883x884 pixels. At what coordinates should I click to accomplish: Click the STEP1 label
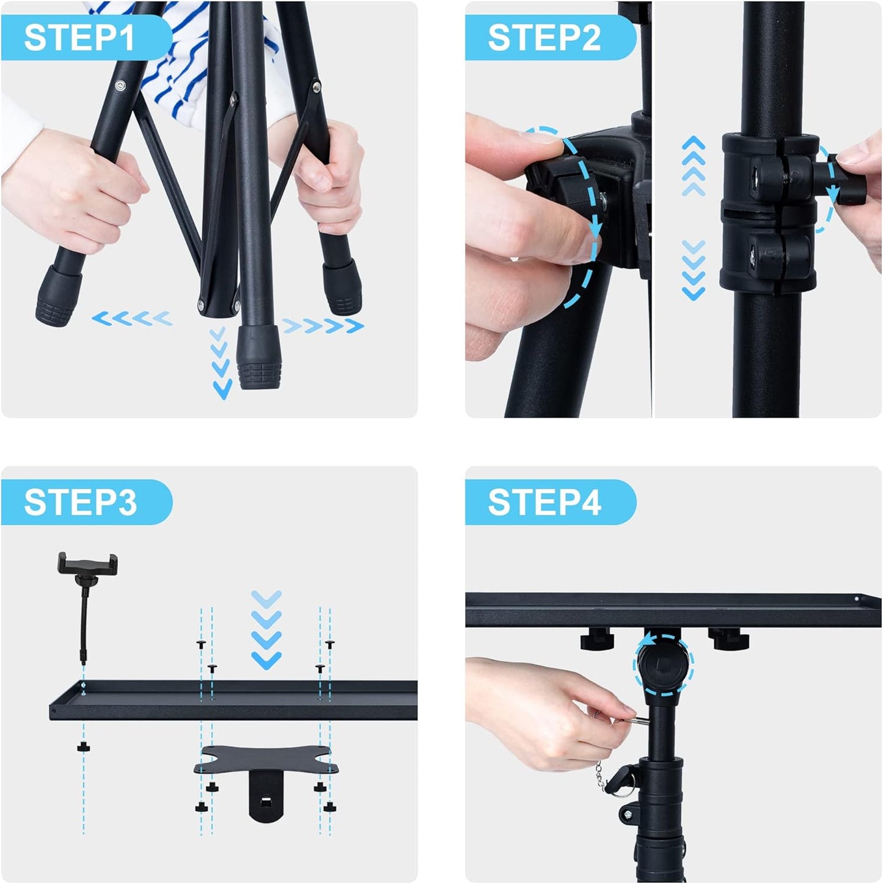pos(79,38)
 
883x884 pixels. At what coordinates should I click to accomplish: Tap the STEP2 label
pos(544,38)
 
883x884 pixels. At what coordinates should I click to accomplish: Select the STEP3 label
pos(80,502)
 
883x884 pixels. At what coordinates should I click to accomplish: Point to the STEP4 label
pos(544,502)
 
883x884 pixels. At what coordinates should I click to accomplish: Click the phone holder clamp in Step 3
pos(88,563)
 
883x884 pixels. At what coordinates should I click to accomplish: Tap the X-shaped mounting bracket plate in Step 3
pos(263,760)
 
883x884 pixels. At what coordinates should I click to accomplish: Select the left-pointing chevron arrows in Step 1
pos(132,319)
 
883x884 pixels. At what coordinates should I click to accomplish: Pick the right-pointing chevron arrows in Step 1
pos(323,326)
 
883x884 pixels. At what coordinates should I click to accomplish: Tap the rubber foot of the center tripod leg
pos(258,357)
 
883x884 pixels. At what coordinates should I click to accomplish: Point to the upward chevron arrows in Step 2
pos(694,165)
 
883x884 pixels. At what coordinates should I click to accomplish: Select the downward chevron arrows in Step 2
pos(694,270)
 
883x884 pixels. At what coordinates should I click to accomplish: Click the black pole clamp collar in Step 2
pos(768,212)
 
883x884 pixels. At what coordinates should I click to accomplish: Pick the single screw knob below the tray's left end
pos(83,747)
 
